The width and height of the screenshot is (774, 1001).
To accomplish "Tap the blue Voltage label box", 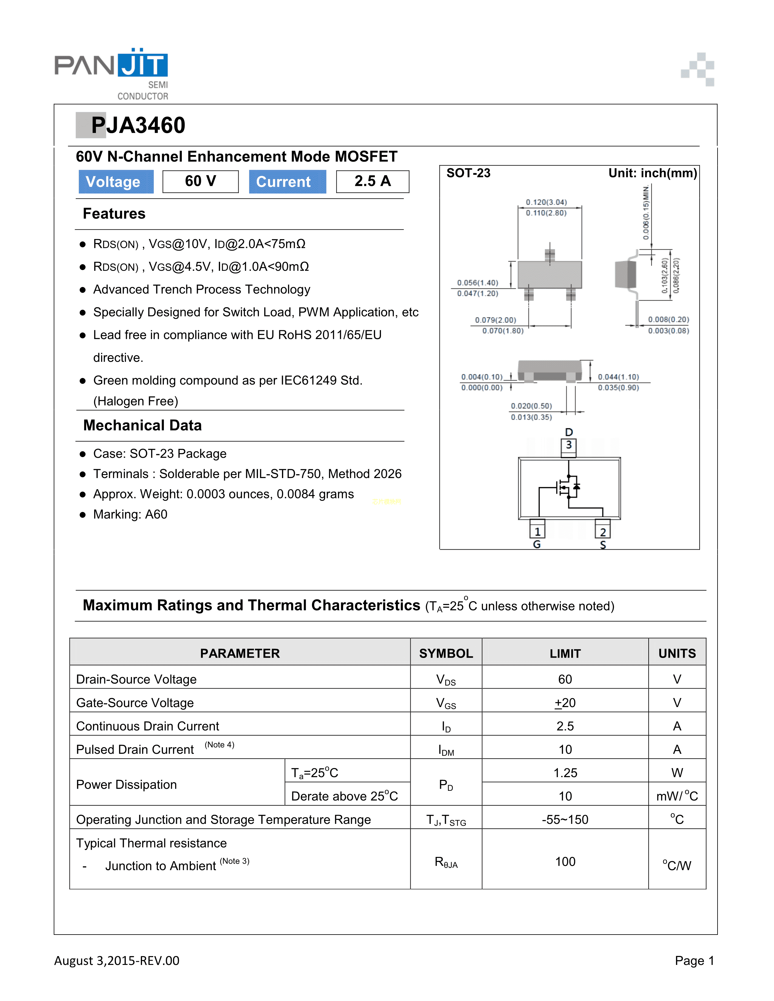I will click(x=116, y=181).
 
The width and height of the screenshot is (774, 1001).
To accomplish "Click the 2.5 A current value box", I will click(x=372, y=181).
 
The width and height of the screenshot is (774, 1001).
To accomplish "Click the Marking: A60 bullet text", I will click(x=130, y=514).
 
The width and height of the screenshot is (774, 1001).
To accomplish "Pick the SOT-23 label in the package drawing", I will click(x=468, y=173).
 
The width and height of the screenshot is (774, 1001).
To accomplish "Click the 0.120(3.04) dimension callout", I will click(x=546, y=202).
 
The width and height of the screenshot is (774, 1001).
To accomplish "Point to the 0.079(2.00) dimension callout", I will click(x=495, y=320).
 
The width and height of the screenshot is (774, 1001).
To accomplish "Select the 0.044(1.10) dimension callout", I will click(x=618, y=377).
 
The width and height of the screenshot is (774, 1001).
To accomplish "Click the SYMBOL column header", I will click(x=446, y=653).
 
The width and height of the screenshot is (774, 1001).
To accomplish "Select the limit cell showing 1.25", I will click(x=565, y=773).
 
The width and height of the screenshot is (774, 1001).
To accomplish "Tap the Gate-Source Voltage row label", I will click(x=135, y=703).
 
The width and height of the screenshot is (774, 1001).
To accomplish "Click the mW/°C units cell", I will click(x=677, y=796).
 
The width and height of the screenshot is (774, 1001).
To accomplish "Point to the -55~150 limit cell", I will click(x=565, y=820).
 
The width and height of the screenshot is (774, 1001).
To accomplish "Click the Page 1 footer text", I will click(x=694, y=960).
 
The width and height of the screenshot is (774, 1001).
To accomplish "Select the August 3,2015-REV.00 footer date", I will click(x=117, y=960).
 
